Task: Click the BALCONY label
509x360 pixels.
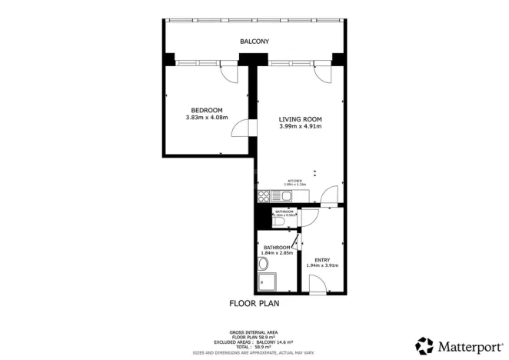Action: tap(254, 41)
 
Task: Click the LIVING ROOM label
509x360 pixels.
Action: tap(300, 118)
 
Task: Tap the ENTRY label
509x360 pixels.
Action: tap(322, 259)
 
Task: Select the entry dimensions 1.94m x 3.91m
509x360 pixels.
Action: tap(322, 266)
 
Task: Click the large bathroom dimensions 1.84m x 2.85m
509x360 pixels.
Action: tap(277, 253)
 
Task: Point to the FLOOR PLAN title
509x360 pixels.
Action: tap(254, 303)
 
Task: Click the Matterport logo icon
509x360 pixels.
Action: tap(424, 345)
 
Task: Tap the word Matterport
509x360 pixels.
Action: tap(467, 345)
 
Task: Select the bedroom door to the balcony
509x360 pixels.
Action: tap(229, 73)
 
